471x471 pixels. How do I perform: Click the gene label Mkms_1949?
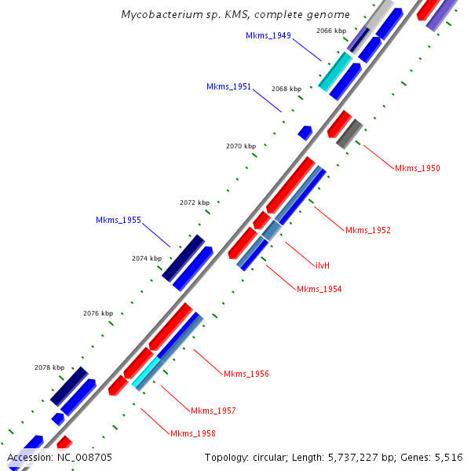click(268, 35)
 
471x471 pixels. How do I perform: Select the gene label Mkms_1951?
click(228, 86)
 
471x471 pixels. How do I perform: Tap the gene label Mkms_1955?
click(119, 220)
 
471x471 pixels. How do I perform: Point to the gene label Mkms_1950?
click(417, 168)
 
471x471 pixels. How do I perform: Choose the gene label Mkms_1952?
click(367, 230)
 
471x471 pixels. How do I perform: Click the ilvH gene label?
click(322, 265)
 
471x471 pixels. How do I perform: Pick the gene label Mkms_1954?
click(319, 289)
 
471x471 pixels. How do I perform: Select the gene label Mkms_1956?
click(246, 373)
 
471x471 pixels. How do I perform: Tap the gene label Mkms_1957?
click(213, 411)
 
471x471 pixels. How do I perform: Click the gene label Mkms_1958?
click(192, 433)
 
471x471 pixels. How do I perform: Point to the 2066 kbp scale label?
click(330, 31)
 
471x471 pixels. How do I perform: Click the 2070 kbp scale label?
click(241, 146)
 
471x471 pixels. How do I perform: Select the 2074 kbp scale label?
click(147, 258)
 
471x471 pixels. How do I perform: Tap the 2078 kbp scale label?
click(49, 367)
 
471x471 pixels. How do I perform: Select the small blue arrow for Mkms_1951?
click(305, 133)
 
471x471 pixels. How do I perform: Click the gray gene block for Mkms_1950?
click(349, 133)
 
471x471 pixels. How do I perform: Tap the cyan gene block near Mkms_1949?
click(335, 71)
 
